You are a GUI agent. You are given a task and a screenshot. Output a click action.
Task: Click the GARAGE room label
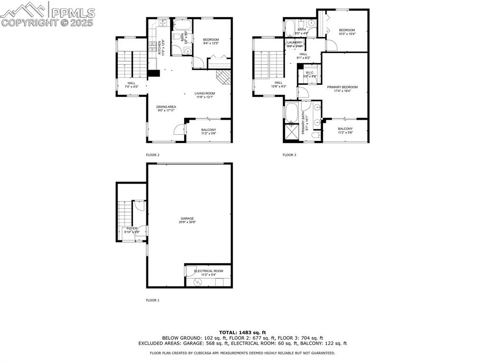187,219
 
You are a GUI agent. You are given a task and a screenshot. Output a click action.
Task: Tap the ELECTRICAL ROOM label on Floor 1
208,271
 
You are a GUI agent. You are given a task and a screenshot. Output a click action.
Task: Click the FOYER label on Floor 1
131,228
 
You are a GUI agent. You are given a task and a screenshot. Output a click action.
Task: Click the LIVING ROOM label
205,93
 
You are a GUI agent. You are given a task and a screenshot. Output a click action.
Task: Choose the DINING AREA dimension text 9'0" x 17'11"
166,110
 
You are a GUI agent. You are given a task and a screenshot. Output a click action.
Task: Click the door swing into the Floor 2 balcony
179,129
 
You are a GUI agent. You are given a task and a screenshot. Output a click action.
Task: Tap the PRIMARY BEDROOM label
342,87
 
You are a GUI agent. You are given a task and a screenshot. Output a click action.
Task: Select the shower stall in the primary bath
291,133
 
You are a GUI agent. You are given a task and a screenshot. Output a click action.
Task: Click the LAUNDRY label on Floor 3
294,43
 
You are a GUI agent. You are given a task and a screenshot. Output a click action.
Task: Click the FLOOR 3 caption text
289,155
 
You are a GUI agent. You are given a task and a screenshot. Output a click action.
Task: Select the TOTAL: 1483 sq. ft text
242,332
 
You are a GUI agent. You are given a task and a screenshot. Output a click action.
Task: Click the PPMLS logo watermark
47,14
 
